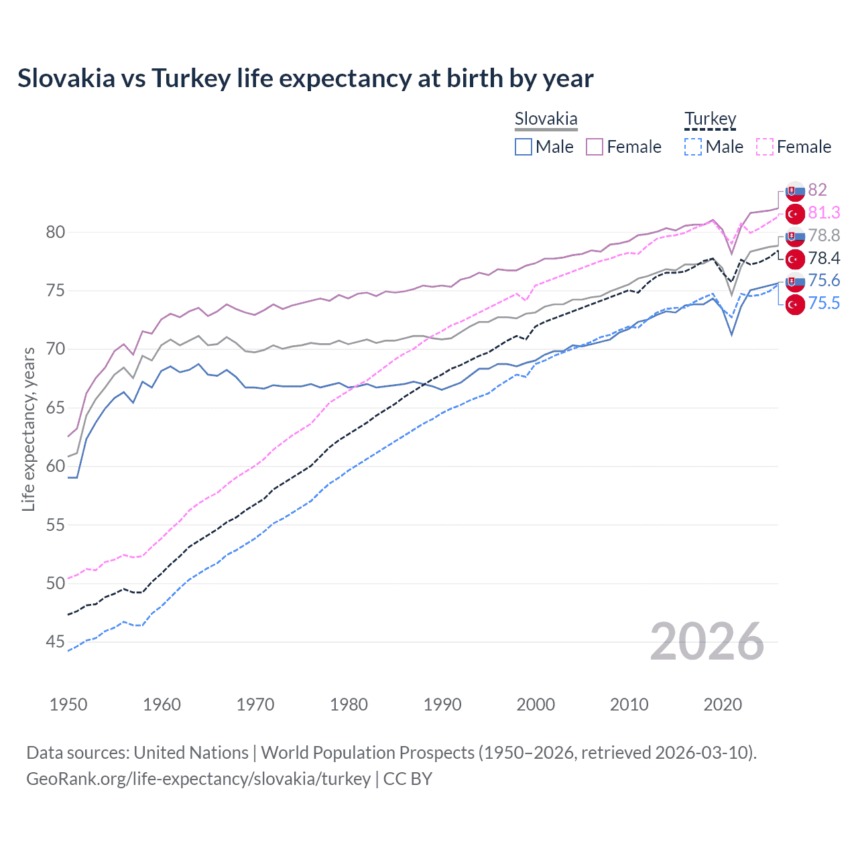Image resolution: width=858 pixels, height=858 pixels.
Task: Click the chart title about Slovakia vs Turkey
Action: coord(305,78)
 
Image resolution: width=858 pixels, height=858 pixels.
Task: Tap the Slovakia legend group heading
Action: coord(546,119)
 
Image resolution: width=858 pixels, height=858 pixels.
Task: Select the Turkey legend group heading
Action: coord(710,119)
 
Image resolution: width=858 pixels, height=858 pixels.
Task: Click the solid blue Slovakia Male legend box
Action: coord(524,147)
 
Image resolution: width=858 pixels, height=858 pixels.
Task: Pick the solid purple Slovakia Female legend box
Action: coord(595,147)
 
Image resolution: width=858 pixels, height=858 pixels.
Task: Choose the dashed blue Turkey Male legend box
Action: coord(693,147)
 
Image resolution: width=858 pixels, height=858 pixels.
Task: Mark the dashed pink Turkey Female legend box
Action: coord(764,147)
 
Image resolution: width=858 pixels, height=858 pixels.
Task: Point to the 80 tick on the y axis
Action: coord(56,233)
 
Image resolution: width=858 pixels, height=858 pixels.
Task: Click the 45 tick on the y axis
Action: coord(56,642)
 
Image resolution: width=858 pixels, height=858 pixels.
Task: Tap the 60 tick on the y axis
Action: coord(56,467)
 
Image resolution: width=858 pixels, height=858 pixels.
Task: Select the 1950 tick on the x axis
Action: coord(68,704)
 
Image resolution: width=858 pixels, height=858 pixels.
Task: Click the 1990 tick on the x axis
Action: coord(442,704)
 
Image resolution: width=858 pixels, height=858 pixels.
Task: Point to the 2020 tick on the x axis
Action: coord(723,704)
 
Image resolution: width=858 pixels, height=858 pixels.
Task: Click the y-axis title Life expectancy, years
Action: coord(29,429)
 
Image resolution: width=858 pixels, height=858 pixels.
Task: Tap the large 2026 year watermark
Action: coord(707,642)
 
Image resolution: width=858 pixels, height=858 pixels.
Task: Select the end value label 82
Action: coord(817,190)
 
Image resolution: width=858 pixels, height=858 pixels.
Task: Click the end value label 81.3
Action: coord(824,213)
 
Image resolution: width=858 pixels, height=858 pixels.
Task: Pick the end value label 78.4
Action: coord(824,258)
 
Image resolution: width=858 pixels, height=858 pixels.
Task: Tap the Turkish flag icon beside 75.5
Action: coord(795,304)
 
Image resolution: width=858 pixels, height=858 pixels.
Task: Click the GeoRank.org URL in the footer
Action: coord(198,779)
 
